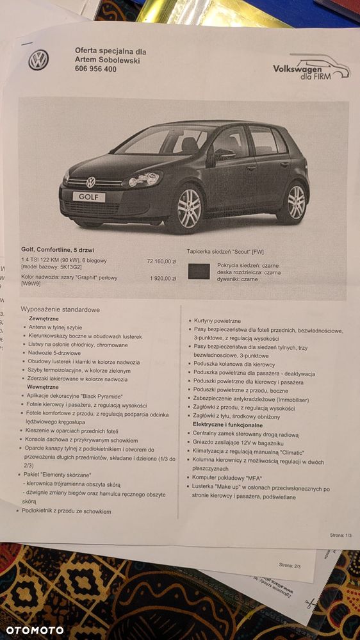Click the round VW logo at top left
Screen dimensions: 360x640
[38, 60]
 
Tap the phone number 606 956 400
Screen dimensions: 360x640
[95, 69]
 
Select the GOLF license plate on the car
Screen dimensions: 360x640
[88, 197]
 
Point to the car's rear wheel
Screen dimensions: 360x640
[294, 202]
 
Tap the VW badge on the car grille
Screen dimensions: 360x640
[91, 182]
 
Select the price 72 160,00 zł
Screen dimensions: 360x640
[161, 261]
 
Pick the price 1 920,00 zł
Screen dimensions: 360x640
[163, 279]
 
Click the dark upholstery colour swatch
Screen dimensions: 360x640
[199, 272]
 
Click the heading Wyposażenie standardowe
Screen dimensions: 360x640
[60, 309]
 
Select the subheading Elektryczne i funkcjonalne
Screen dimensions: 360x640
[228, 425]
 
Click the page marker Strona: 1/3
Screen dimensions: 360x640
[340, 534]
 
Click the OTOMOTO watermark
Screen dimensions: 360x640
[35, 630]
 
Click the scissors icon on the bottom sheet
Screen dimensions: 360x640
[311, 603]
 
